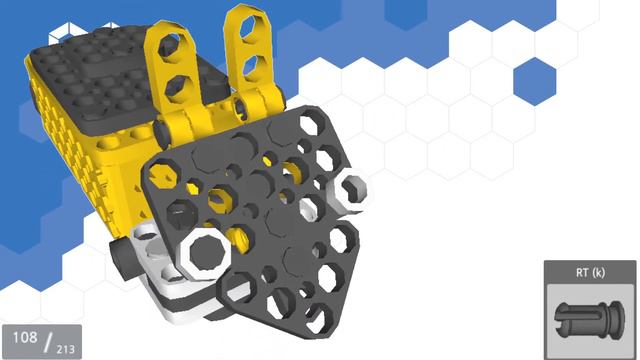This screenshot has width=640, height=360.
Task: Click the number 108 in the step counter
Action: click(x=25, y=338)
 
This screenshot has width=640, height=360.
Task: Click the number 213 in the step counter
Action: click(x=65, y=349)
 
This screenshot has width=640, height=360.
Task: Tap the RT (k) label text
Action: click(x=590, y=272)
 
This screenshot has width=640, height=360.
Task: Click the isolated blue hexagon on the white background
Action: click(x=535, y=82)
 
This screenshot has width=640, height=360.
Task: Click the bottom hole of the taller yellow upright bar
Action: click(x=249, y=67)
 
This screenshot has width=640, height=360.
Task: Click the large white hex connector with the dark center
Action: click(x=204, y=253)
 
